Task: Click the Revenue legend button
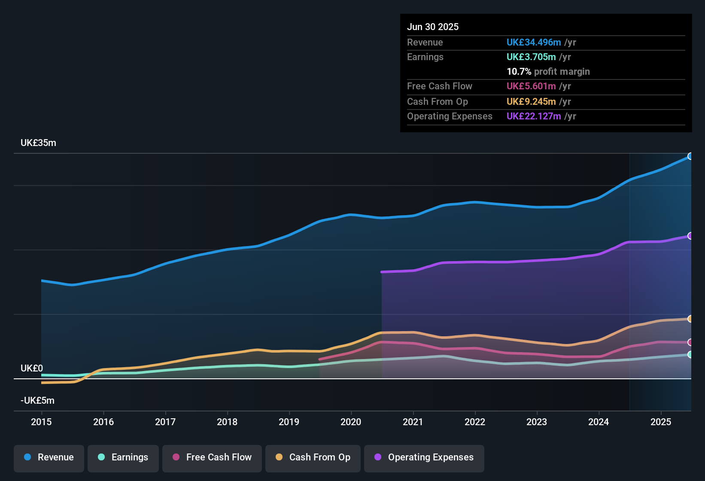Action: pos(49,457)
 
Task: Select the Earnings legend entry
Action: pos(123,457)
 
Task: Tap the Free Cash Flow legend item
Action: pos(212,457)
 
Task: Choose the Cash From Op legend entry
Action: pos(313,457)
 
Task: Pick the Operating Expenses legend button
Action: pos(424,457)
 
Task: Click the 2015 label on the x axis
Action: pos(41,422)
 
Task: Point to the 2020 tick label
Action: pos(351,422)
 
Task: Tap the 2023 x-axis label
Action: pos(537,422)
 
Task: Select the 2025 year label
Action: pos(661,422)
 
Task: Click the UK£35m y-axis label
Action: pos(38,143)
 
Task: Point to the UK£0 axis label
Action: pos(32,368)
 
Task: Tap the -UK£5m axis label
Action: pos(37,401)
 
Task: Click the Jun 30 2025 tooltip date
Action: pos(433,27)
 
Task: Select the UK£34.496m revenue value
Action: pos(534,43)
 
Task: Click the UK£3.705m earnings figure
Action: pos(531,57)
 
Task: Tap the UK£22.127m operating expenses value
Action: pos(534,116)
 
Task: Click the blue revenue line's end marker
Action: pos(690,156)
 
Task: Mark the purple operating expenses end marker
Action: pos(690,236)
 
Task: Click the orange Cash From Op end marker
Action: pos(690,319)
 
